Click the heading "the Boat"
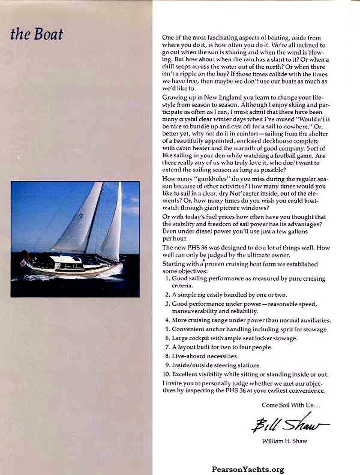[x=36, y=35]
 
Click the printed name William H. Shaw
[x=284, y=441]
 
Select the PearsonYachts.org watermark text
[x=248, y=469]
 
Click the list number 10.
[x=166, y=374]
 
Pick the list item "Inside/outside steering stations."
[x=216, y=365]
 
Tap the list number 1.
[x=167, y=278]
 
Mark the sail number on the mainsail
[x=81, y=215]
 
